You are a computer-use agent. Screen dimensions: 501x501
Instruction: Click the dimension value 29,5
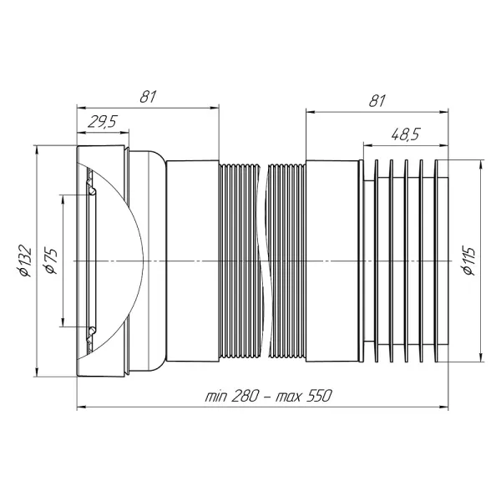[103, 122]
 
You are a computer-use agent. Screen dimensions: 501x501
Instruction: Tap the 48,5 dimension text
[406, 134]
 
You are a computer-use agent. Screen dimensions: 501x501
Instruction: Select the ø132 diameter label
[25, 261]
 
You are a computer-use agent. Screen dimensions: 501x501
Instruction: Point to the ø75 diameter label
[51, 261]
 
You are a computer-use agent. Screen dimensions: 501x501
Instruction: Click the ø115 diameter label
[469, 261]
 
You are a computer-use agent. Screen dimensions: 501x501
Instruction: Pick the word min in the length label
[215, 397]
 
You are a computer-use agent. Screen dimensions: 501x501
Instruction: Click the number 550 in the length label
[320, 396]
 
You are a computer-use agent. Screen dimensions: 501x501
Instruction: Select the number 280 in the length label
[244, 396]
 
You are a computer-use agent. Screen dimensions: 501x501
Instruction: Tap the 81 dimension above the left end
[148, 96]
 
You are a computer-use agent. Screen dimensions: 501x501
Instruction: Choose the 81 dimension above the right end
[377, 100]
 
